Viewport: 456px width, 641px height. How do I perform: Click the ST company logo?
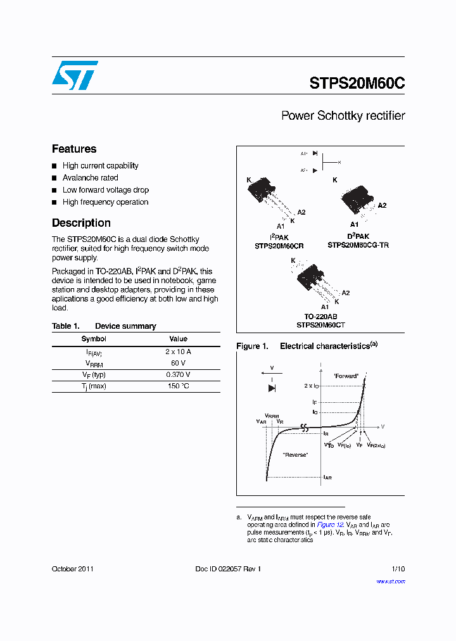[75, 75]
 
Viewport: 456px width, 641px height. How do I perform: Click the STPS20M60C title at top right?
[357, 84]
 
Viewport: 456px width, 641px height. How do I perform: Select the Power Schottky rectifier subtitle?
[343, 116]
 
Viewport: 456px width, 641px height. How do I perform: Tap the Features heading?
[74, 149]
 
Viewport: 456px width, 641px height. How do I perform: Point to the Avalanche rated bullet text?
[90, 178]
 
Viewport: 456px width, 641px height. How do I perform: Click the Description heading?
[81, 223]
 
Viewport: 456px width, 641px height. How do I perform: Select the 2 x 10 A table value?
[178, 352]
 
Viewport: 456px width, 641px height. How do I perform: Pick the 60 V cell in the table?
[178, 363]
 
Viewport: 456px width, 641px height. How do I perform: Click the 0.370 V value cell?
[178, 374]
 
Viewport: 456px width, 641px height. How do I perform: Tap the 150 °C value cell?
[178, 386]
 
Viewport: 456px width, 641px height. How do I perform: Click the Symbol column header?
[94, 339]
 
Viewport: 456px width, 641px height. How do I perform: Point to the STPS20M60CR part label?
[279, 244]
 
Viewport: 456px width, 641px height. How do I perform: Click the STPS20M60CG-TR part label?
[358, 244]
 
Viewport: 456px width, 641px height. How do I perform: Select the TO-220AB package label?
[320, 317]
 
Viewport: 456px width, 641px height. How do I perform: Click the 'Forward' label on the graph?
[346, 376]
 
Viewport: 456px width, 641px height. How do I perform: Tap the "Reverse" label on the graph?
[295, 455]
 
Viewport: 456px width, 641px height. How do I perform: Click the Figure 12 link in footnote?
[330, 524]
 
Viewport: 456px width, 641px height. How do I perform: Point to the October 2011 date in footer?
[73, 569]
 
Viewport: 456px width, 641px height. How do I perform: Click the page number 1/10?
[398, 569]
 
